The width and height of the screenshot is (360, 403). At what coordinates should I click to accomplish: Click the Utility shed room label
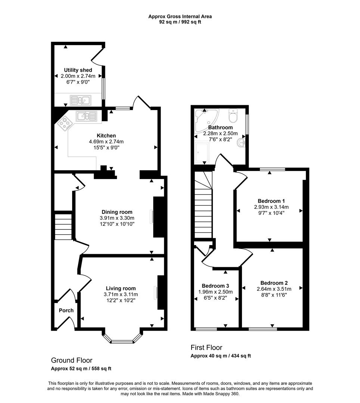78,70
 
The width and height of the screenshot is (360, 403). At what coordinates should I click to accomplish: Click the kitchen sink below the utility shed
86,116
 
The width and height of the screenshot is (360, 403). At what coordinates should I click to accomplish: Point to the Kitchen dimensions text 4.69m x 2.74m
106,141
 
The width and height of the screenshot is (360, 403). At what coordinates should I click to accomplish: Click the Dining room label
117,212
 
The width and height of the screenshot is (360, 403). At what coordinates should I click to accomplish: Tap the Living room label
121,288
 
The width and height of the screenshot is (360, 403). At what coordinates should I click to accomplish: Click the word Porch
66,310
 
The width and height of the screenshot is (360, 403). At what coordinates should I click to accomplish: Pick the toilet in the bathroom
234,116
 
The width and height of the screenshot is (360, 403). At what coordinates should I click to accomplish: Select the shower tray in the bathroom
202,152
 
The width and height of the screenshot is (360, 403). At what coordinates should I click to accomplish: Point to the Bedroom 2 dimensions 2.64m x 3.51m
274,288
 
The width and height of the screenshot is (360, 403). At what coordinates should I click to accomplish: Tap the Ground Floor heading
71,360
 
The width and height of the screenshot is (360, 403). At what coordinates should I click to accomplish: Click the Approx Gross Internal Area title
180,16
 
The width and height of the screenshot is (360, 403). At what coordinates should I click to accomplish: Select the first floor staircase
203,205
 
